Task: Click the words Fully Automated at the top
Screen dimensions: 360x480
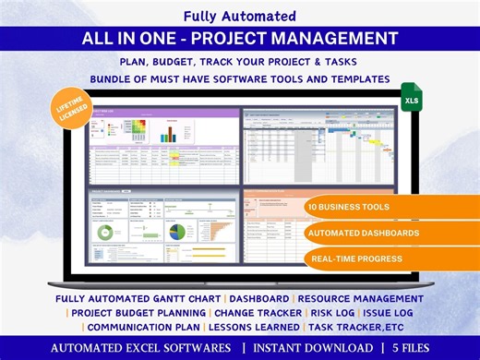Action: [x=239, y=16]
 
